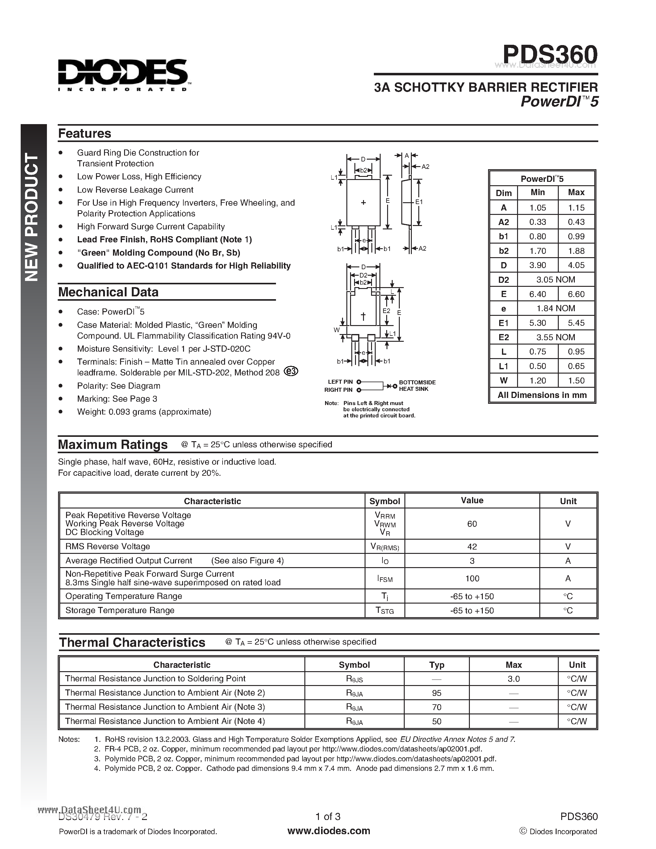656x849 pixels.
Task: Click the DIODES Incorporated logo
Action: click(123, 75)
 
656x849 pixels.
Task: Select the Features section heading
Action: click(84, 133)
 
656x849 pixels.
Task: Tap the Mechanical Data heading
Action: click(108, 292)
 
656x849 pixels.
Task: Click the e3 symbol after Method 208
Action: click(291, 371)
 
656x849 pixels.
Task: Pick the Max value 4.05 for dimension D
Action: click(576, 265)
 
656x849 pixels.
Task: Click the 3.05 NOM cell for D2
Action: click(555, 279)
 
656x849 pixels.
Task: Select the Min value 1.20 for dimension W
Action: click(537, 381)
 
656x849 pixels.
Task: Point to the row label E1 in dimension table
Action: click(504, 323)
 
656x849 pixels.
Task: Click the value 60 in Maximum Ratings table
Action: click(472, 524)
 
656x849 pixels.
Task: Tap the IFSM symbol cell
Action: click(385, 579)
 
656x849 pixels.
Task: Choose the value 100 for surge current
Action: click(472, 579)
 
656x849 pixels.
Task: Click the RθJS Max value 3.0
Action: click(513, 679)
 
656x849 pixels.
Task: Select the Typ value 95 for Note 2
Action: click(437, 693)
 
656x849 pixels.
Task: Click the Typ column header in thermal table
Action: click(437, 665)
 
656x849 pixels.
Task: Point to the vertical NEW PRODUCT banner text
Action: click(32, 218)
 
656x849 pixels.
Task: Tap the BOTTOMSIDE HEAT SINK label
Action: click(417, 386)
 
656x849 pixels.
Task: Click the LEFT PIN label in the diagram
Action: click(340, 382)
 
